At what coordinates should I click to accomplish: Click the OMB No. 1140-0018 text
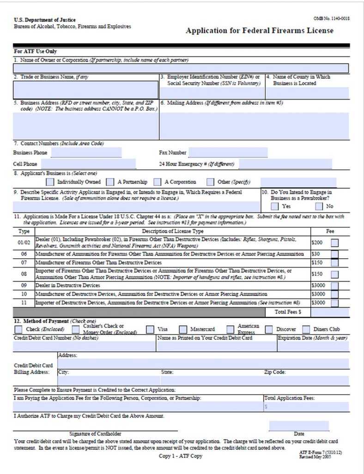(x=331, y=18)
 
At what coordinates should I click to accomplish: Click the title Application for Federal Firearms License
(x=259, y=31)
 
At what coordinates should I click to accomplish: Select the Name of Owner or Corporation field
(x=181, y=69)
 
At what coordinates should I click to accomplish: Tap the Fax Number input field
(x=228, y=152)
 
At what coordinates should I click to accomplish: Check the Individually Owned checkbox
(x=50, y=182)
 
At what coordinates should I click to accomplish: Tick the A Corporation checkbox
(x=158, y=182)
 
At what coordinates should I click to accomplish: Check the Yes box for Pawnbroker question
(x=275, y=206)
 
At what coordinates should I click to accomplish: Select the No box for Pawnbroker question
(x=319, y=206)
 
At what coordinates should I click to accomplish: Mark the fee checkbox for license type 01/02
(x=334, y=242)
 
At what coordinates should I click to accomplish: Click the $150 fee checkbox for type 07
(x=334, y=262)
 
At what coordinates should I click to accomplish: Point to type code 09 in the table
(x=24, y=286)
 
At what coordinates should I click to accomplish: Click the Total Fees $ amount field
(x=329, y=312)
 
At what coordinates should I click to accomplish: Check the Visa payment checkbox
(x=150, y=330)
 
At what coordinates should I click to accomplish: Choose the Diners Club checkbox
(x=306, y=330)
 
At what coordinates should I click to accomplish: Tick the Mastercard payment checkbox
(x=183, y=330)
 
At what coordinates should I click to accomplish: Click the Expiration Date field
(x=313, y=346)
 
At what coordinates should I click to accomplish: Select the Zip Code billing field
(x=306, y=380)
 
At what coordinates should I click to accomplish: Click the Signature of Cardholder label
(x=95, y=434)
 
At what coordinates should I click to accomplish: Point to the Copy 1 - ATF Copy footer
(x=181, y=456)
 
